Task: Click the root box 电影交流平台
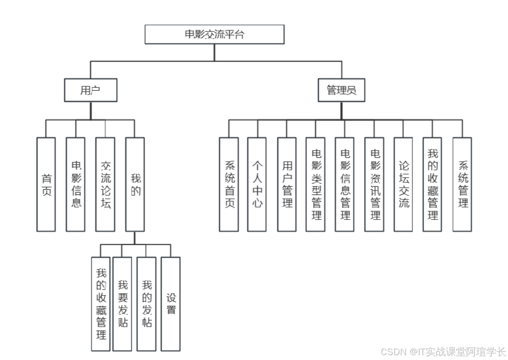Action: point(215,34)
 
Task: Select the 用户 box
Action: point(91,90)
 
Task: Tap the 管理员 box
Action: point(342,90)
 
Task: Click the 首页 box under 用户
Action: point(46,184)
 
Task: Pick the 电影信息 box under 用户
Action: point(75,184)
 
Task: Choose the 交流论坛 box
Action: point(105,184)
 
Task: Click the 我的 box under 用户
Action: point(135,184)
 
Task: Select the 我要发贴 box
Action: point(122,304)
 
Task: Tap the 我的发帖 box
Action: point(147,304)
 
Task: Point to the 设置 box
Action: point(171,304)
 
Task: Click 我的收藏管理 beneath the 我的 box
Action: point(101,304)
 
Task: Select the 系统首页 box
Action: point(229,184)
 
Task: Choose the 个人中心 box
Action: point(257,184)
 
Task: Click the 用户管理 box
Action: point(287,184)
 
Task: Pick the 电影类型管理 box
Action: point(316,184)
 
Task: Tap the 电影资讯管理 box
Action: point(374,184)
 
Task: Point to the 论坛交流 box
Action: point(403,184)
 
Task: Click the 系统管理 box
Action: point(462,184)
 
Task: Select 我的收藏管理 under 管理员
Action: point(432,184)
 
